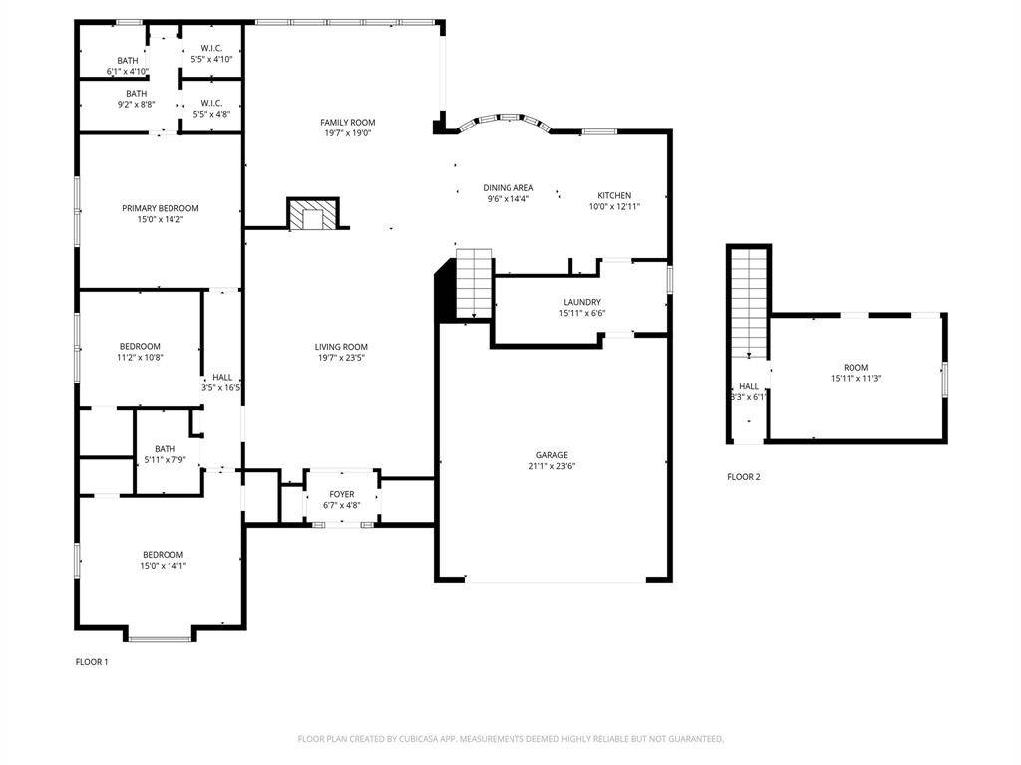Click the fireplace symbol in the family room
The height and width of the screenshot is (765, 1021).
click(313, 215)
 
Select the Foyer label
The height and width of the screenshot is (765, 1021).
click(342, 494)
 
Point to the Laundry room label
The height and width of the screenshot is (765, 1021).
click(581, 302)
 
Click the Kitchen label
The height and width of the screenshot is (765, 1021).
click(614, 195)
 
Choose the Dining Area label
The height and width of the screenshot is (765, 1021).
click(509, 187)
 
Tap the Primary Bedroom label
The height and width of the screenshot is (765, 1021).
click(160, 208)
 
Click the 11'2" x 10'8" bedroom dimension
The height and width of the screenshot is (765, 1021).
click(140, 357)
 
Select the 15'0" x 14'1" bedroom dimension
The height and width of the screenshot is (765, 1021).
click(163, 566)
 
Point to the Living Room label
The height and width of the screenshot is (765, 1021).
click(342, 347)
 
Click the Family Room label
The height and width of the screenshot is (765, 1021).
click(347, 122)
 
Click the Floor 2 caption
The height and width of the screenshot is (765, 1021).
click(743, 477)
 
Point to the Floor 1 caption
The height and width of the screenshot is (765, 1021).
click(92, 662)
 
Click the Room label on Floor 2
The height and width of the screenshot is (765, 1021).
click(855, 367)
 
